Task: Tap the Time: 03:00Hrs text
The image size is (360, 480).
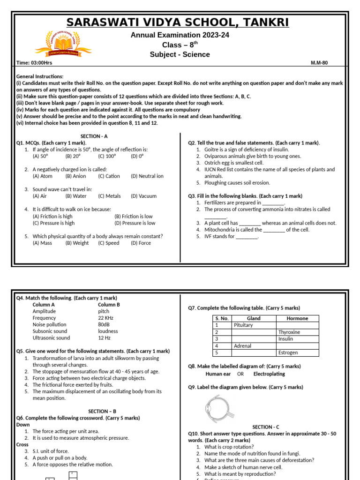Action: pyautogui.click(x=34, y=63)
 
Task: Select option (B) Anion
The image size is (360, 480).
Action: pyautogui.click(x=75, y=176)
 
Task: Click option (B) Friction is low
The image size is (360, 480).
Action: pyautogui.click(x=133, y=217)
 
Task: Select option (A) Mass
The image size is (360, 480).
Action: pyautogui.click(x=42, y=243)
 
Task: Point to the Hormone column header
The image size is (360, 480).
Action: pyautogui.click(x=297, y=318)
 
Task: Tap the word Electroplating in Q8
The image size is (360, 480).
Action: pyautogui.click(x=269, y=374)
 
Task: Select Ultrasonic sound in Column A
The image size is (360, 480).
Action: pyautogui.click(x=51, y=337)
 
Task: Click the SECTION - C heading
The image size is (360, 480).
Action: pyautogui.click(x=266, y=427)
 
